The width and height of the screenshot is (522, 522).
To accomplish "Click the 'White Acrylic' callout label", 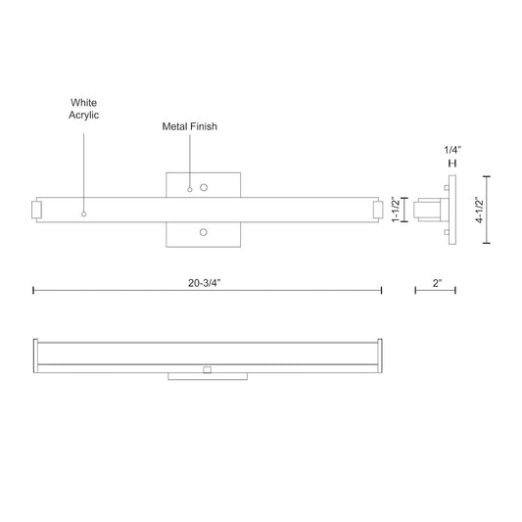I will pos(84,108).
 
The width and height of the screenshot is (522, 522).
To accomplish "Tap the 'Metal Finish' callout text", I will pos(190,126).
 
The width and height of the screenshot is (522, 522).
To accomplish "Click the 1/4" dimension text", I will pos(451,149).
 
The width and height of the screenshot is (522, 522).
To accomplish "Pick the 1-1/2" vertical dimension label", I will pos(396,210).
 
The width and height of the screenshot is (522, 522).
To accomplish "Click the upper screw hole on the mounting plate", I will pos(204,186).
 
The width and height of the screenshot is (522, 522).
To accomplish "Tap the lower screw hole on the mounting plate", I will pos(204,232).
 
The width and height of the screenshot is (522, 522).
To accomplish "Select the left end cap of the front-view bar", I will pos(36,210).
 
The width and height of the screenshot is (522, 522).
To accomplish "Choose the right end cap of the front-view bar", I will pos(377,210).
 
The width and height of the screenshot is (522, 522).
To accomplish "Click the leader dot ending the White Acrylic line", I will pos(84,213).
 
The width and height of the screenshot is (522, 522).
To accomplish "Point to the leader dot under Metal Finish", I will pos(190,189).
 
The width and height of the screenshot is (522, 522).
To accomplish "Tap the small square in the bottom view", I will pos(207,370).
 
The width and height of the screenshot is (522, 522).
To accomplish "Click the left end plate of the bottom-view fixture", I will pos(35,356).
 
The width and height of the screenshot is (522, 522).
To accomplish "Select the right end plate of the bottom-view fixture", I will pos(380,356).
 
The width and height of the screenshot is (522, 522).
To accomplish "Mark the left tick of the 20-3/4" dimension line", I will pos(33,290).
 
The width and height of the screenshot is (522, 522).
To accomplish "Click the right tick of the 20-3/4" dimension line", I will pos(382,290).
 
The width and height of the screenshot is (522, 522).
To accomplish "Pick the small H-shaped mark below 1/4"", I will pos(451,162).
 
